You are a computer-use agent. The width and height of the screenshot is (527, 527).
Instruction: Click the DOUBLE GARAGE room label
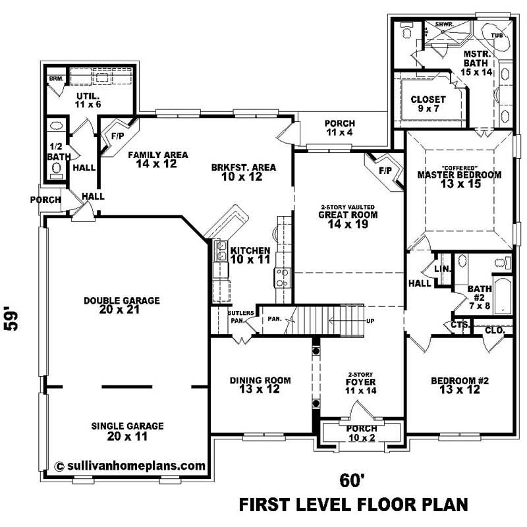[121, 305]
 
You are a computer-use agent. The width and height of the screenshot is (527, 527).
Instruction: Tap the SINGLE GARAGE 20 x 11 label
[127, 431]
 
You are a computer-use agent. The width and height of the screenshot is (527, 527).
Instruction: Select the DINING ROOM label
[260, 385]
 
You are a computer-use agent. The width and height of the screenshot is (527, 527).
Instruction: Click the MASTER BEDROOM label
[459, 179]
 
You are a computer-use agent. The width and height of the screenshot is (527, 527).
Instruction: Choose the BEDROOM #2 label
[459, 385]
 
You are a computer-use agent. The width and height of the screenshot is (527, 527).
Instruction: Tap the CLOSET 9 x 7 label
[428, 104]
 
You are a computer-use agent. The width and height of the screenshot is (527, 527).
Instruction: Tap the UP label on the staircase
[370, 321]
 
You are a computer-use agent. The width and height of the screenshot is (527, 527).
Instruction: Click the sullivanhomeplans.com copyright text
[130, 465]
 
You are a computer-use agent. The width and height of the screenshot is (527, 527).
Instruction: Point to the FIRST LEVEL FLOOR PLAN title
[353, 505]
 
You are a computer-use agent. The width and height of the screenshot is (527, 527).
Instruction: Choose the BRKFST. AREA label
[244, 172]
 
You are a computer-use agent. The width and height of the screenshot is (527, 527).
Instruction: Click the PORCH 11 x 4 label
[339, 128]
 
